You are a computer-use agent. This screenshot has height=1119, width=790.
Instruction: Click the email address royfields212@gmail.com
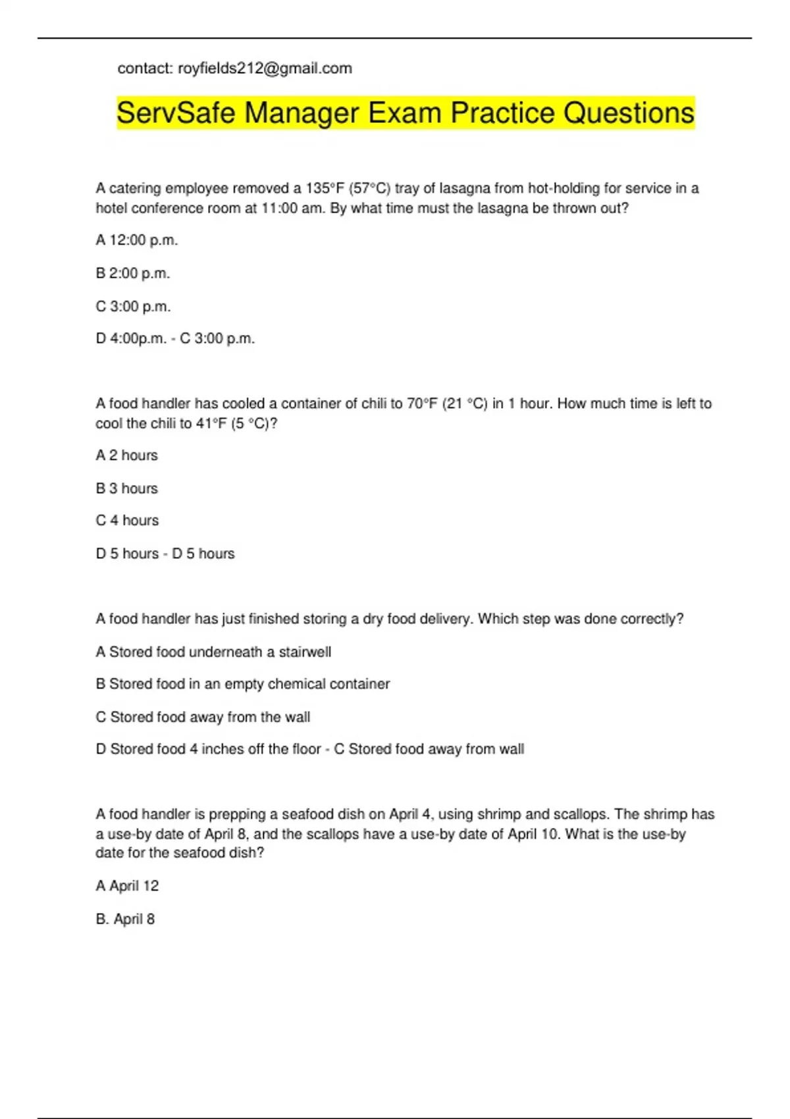[x=265, y=68]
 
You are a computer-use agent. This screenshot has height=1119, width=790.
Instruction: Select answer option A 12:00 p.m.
[x=137, y=240]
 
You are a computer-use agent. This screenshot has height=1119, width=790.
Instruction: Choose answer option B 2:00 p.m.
[x=133, y=273]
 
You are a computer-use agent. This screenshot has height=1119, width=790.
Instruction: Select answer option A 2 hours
[x=127, y=455]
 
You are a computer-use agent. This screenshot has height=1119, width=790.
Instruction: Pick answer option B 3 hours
[x=127, y=488]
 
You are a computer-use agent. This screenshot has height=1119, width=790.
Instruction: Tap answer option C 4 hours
[x=127, y=521]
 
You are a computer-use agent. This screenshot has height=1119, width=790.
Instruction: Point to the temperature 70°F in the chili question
[x=422, y=404]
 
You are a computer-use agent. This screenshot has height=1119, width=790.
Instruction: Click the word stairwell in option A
[x=305, y=652]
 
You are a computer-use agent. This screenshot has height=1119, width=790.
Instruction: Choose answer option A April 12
[x=127, y=886]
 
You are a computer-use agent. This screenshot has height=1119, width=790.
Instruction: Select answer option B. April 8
[x=125, y=920]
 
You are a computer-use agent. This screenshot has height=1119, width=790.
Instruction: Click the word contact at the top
[x=145, y=68]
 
